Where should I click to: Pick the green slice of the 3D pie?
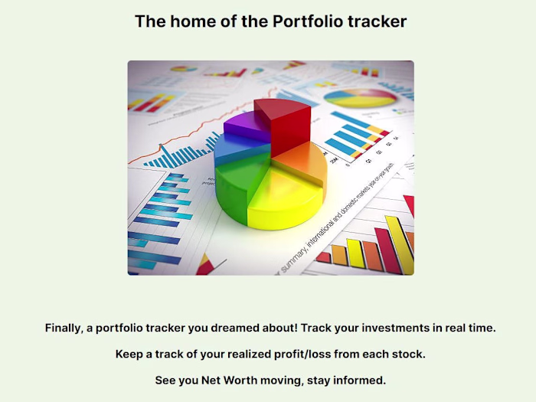tap(241, 188)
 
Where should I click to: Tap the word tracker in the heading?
tap(377, 21)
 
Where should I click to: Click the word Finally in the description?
tap(64, 328)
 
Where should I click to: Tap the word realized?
tap(254, 354)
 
